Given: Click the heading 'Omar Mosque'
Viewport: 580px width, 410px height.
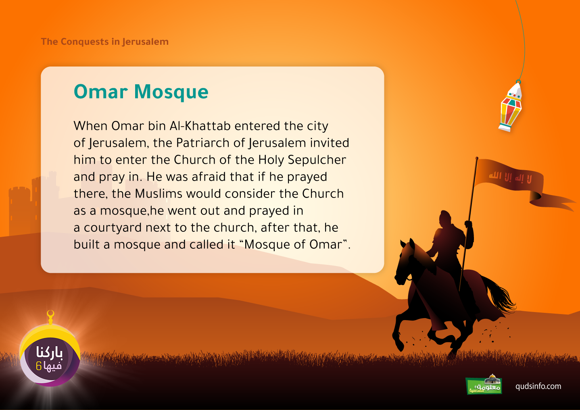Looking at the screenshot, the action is [141, 92].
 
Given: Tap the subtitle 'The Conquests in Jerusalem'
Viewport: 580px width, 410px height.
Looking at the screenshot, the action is [104, 42].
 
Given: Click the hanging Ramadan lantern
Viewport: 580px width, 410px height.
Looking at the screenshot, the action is [510, 107].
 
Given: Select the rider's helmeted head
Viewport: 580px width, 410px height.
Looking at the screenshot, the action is [445, 219].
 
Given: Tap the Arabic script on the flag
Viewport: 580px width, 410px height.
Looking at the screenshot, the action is [510, 178].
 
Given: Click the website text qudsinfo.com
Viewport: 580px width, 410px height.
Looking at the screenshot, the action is [538, 387].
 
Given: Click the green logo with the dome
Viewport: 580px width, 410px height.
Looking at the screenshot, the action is [484, 385].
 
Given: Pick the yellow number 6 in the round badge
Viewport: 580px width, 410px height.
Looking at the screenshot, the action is [39, 366].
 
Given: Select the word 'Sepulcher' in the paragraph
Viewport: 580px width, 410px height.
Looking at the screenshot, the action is [317, 160].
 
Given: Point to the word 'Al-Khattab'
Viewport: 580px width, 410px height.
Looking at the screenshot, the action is [200, 126].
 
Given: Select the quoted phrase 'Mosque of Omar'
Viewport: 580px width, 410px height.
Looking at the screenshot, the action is [296, 244].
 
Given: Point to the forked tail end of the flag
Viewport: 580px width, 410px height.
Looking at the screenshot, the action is [570, 205].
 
